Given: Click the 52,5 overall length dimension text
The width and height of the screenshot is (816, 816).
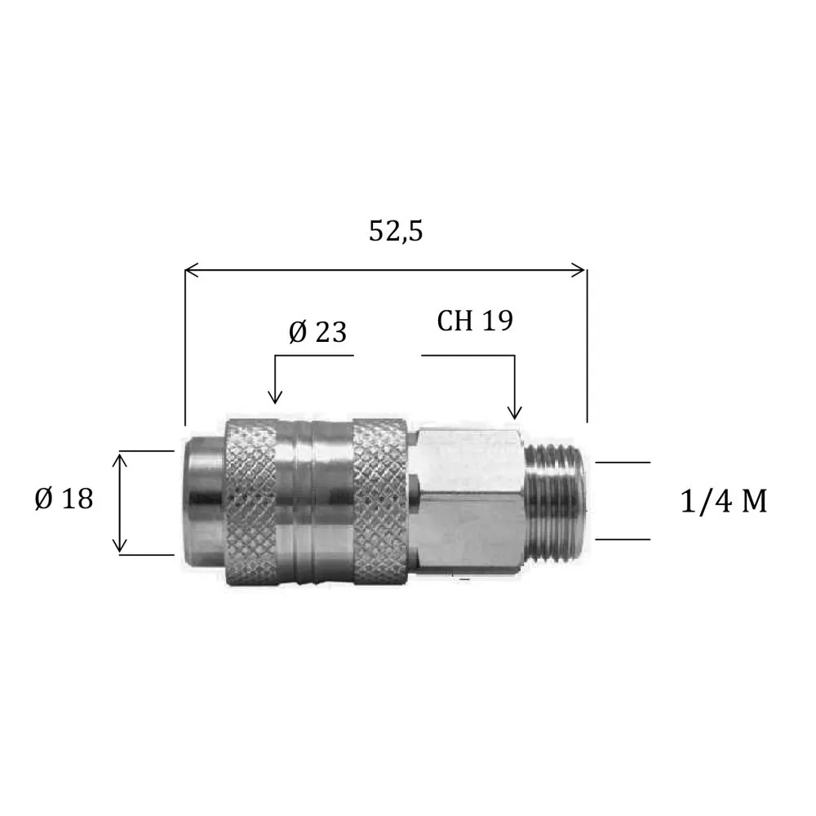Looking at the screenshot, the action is click(396, 231).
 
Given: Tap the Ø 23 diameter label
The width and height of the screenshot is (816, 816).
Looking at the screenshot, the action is click(317, 332).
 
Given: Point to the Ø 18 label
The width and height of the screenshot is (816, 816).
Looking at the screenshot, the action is click(64, 499).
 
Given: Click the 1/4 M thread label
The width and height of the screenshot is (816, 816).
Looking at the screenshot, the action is click(724, 502).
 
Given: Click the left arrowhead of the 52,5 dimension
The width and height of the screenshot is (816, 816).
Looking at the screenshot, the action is click(192, 270).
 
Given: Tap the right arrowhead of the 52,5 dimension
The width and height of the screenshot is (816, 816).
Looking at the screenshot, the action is click(579, 270).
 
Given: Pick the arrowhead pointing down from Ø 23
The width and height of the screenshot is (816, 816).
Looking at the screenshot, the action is click(275, 397).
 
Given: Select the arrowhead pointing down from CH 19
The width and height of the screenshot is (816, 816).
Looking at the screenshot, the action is click(514, 413).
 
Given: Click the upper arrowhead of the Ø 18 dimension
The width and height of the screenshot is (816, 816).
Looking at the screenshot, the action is click(120, 460).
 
